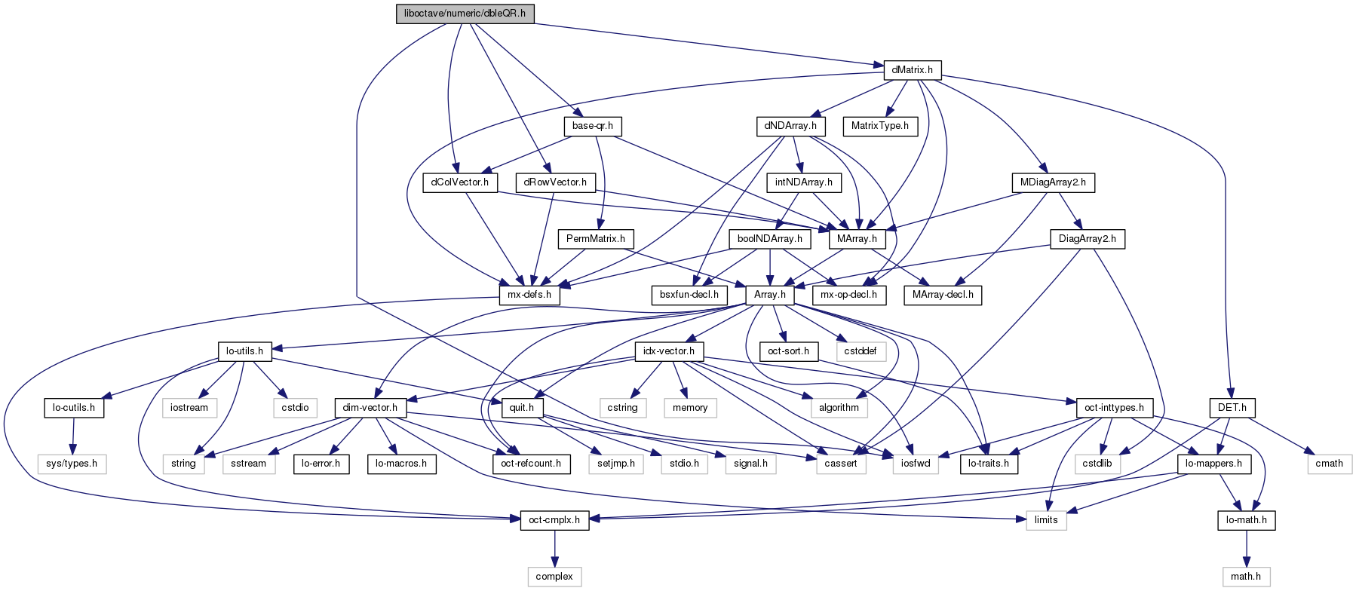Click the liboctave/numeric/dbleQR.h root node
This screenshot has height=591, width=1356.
tap(465, 14)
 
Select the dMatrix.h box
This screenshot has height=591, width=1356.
tap(912, 70)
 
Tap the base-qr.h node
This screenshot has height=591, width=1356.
tap(592, 126)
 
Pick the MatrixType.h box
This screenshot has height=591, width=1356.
tap(879, 126)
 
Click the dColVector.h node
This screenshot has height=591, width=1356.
tap(459, 182)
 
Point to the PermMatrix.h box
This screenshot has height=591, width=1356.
tap(596, 239)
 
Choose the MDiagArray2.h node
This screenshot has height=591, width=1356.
tap(1053, 182)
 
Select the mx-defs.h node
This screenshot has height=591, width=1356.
tap(529, 295)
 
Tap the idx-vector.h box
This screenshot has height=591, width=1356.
tap(669, 351)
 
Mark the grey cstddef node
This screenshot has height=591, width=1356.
tap(861, 351)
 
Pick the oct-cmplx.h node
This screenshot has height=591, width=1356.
tap(554, 520)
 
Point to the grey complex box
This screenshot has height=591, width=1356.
tap(554, 577)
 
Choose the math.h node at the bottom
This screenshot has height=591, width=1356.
tap(1246, 577)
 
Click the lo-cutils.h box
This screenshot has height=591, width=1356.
tap(73, 408)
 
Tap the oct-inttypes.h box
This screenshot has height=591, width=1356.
tap(1114, 408)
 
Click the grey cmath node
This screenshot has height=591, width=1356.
tap(1329, 464)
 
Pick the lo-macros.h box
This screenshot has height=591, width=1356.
tap(402, 464)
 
